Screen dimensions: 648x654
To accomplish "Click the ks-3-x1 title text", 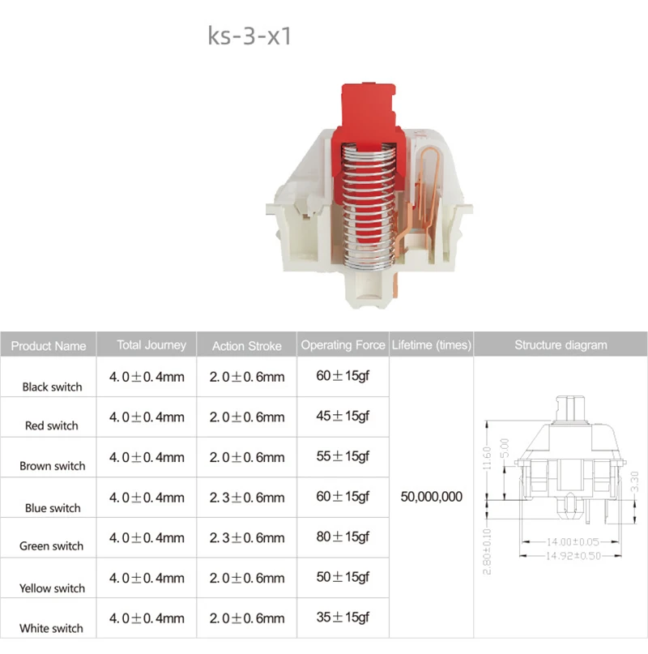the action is click(249, 36).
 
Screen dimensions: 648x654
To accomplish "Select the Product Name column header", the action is click(49, 346).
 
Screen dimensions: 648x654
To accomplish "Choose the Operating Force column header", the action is click(343, 345).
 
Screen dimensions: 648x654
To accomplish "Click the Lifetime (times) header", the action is click(431, 345).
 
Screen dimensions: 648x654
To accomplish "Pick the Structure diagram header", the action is click(561, 345).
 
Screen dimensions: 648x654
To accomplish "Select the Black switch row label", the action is click(52, 387).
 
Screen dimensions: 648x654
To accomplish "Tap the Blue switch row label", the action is click(53, 508).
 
